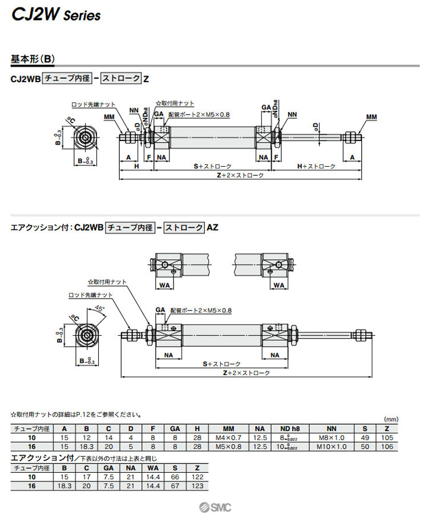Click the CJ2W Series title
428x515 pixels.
click(x=56, y=15)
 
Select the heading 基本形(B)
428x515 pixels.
click(x=33, y=59)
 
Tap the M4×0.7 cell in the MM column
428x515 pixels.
click(x=228, y=437)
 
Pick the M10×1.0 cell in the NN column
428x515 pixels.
click(x=332, y=446)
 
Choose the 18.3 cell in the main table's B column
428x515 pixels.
click(x=87, y=446)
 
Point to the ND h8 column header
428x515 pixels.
click(x=289, y=428)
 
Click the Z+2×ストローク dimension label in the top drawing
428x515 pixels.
click(x=240, y=175)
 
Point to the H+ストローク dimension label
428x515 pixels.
click(x=317, y=166)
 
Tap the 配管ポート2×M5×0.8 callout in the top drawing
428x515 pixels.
click(x=203, y=115)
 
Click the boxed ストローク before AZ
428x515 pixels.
click(x=184, y=227)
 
